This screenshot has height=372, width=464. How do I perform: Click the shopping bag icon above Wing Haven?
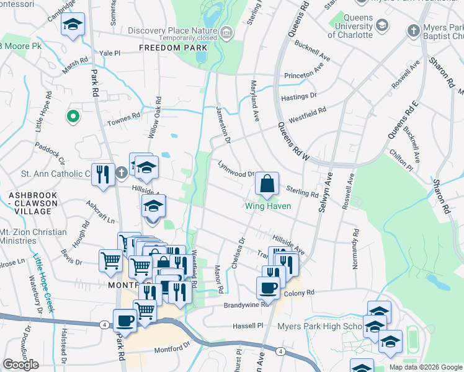tap(266, 184)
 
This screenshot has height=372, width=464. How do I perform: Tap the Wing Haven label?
tap(267, 206)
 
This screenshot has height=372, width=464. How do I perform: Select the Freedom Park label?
tap(164, 48)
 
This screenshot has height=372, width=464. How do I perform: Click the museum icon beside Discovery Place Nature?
tap(226, 31)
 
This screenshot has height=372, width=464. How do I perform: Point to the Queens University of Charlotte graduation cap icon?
tap(382, 25)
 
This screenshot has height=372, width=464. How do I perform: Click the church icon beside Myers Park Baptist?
tap(413, 30)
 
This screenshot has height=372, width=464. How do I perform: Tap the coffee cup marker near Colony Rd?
tap(268, 288)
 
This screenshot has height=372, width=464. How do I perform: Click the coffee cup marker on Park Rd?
tap(125, 321)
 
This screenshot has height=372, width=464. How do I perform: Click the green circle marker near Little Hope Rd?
tap(73, 116)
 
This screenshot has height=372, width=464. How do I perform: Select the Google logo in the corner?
tap(20, 365)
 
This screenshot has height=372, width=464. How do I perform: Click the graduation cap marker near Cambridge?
tap(73, 25)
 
